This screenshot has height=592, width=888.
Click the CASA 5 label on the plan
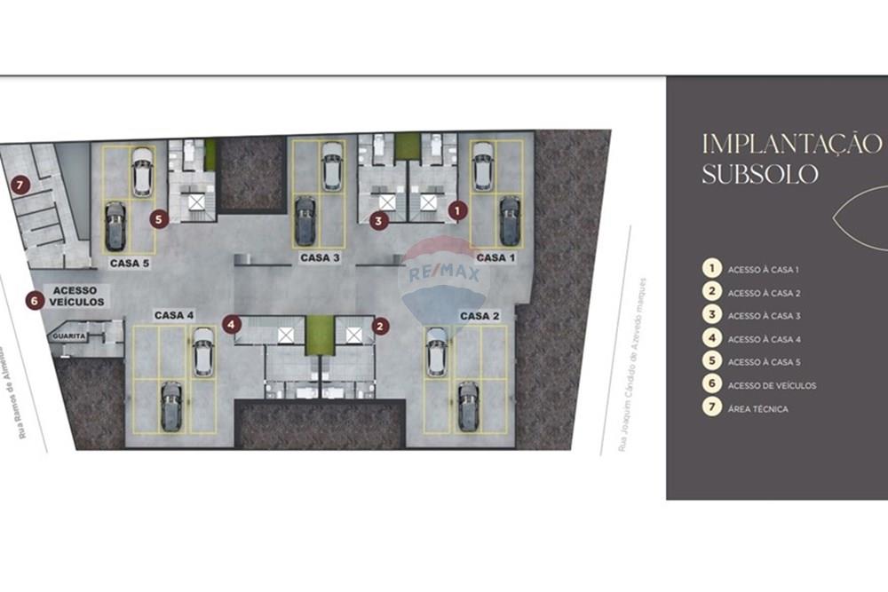[130, 264]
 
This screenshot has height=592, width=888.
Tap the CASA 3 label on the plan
[320, 257]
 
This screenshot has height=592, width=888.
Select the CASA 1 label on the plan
[496, 257]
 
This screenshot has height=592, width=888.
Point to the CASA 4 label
[174, 315]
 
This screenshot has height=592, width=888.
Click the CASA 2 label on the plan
[480, 316]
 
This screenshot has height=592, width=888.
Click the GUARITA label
[69, 336]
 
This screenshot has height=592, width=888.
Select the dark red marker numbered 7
[20, 185]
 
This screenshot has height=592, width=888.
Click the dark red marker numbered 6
[34, 301]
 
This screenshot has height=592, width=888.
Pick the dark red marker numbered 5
[159, 219]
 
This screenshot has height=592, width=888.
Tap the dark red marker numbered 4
[232, 324]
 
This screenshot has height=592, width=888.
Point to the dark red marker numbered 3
[379, 221]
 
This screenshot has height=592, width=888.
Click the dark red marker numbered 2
[380, 326]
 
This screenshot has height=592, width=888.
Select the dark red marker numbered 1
[457, 210]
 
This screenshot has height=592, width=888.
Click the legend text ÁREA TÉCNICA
[757, 408]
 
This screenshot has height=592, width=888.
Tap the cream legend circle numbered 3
[712, 314]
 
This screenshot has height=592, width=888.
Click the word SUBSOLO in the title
[760, 174]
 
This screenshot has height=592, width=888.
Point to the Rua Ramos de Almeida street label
[15, 390]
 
